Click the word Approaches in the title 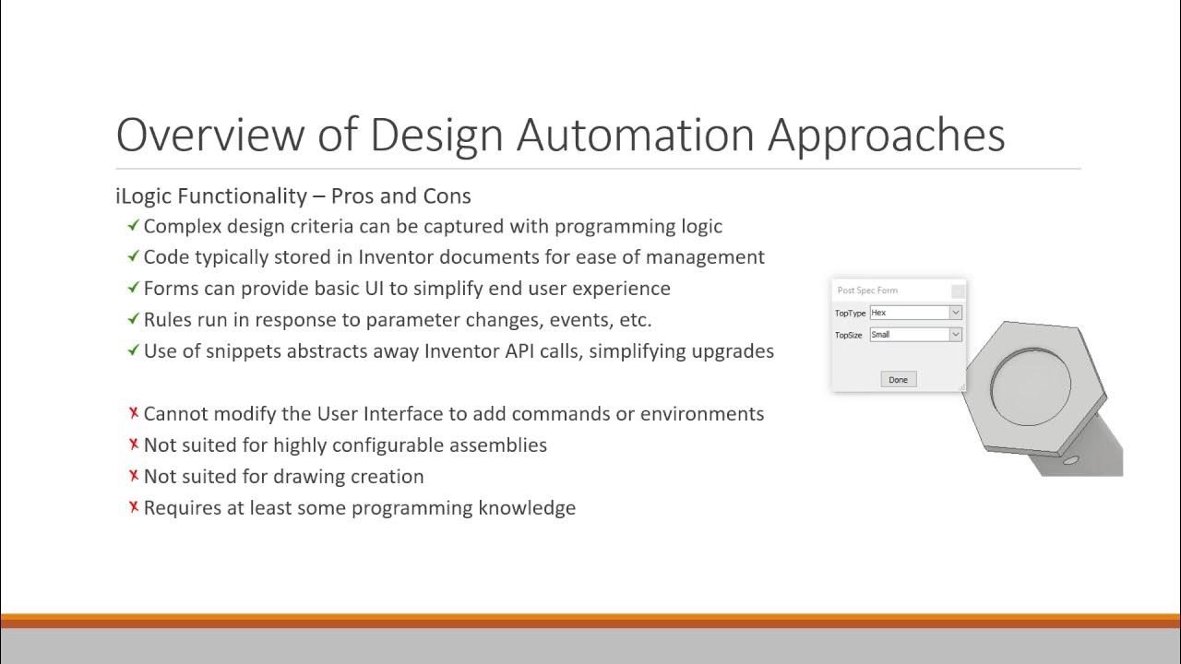(886, 135)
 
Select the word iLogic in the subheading (146, 196)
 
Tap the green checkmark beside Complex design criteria (134, 225)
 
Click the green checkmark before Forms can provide (134, 288)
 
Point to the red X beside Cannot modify (134, 413)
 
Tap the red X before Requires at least (134, 507)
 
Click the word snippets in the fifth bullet (243, 350)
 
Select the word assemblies (497, 445)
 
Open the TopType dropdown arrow (955, 313)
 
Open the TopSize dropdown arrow (955, 335)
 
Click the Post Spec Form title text (867, 290)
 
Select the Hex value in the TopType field (878, 313)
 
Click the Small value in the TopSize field (881, 335)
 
